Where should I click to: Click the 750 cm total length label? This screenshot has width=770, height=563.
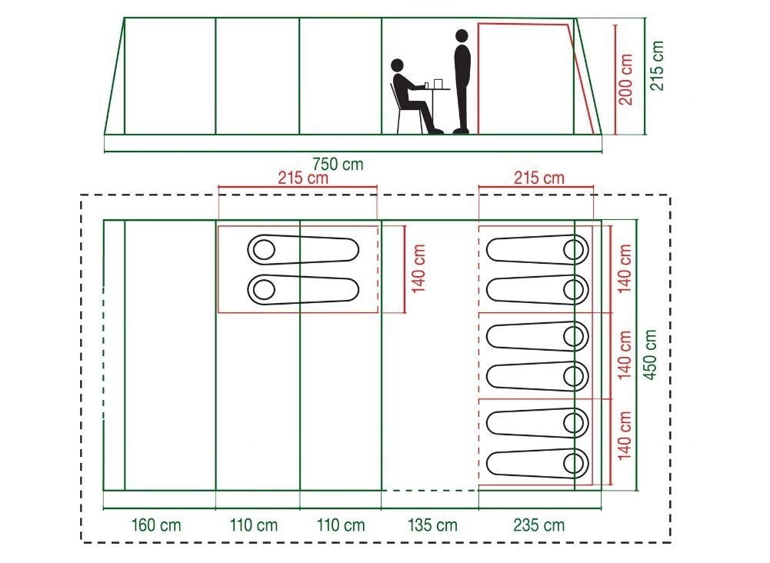pos(338,164)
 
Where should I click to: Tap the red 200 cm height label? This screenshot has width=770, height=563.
pos(625,79)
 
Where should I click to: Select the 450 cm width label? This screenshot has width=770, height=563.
pos(650,355)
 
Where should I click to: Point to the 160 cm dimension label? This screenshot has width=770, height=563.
pos(155,525)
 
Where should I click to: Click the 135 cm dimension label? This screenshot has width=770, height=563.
pos(432,525)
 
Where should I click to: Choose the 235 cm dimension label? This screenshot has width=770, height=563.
pos(538,525)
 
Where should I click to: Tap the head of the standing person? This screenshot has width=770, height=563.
pos(462,36)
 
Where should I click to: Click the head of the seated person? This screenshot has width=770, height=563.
pos(397,65)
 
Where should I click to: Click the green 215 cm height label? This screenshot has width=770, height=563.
pos(657,65)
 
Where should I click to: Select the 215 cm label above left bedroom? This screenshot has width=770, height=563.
pos(303,178)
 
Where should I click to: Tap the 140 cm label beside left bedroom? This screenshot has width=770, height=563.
pos(418,269)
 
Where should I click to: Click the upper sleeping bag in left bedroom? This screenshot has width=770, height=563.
pos(303,250)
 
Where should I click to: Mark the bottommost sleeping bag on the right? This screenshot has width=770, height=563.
pos(538,463)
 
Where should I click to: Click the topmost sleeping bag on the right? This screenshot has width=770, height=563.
pos(538,250)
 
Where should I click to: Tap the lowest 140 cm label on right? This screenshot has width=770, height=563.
pos(624,435)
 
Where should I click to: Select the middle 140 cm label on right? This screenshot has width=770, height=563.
pos(624,355)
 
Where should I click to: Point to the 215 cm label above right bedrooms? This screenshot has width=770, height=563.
pos(539,178)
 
